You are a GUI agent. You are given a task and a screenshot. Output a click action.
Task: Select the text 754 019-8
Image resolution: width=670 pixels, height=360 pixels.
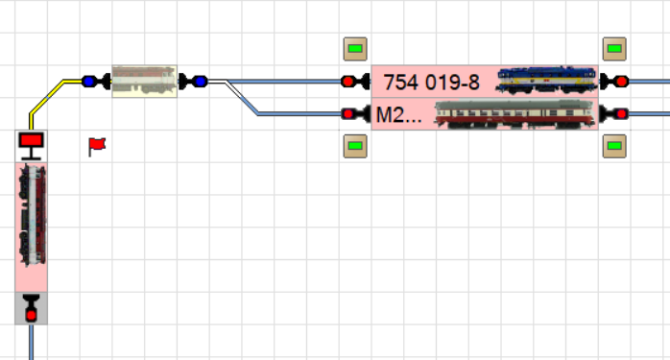point(432,83)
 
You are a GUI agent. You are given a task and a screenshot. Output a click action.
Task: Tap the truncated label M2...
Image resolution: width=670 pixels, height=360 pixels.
point(398,115)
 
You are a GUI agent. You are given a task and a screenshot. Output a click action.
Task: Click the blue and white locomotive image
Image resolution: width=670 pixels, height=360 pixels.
point(546,80)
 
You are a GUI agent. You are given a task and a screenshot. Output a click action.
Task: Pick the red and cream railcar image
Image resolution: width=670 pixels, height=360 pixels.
point(515,114)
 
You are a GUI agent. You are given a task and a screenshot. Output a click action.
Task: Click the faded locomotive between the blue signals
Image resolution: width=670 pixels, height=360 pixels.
point(144,82)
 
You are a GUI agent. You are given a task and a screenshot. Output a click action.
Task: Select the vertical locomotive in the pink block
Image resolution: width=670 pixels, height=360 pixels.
point(32,215)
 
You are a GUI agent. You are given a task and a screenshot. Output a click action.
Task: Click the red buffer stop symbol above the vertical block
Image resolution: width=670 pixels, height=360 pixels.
point(31,146)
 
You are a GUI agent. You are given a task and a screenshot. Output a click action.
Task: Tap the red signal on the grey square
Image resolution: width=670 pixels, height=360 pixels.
point(31,308)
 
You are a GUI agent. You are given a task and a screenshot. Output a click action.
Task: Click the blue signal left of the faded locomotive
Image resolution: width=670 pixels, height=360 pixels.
point(96,82)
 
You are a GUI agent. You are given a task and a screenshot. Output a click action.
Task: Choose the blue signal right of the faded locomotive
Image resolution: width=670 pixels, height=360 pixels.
point(193,82)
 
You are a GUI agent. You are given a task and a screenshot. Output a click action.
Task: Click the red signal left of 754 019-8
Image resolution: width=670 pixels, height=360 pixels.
point(355,82)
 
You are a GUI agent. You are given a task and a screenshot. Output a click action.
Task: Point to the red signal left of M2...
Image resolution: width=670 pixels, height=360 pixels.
point(355,113)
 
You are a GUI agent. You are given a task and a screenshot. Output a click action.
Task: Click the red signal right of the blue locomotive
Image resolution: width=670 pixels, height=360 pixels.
point(614,82)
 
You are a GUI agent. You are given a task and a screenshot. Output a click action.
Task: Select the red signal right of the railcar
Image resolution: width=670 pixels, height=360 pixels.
point(614,113)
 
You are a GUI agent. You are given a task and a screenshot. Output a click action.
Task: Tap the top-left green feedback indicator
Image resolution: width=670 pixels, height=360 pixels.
point(355,49)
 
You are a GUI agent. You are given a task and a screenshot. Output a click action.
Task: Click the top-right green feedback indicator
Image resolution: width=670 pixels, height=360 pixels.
point(614,49)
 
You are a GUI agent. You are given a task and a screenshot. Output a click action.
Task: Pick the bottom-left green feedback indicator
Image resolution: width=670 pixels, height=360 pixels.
point(355,146)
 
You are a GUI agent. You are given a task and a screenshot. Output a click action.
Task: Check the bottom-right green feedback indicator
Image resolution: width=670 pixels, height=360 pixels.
point(614,146)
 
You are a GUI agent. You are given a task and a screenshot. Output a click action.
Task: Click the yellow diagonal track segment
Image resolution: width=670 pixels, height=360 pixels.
point(47,97)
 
